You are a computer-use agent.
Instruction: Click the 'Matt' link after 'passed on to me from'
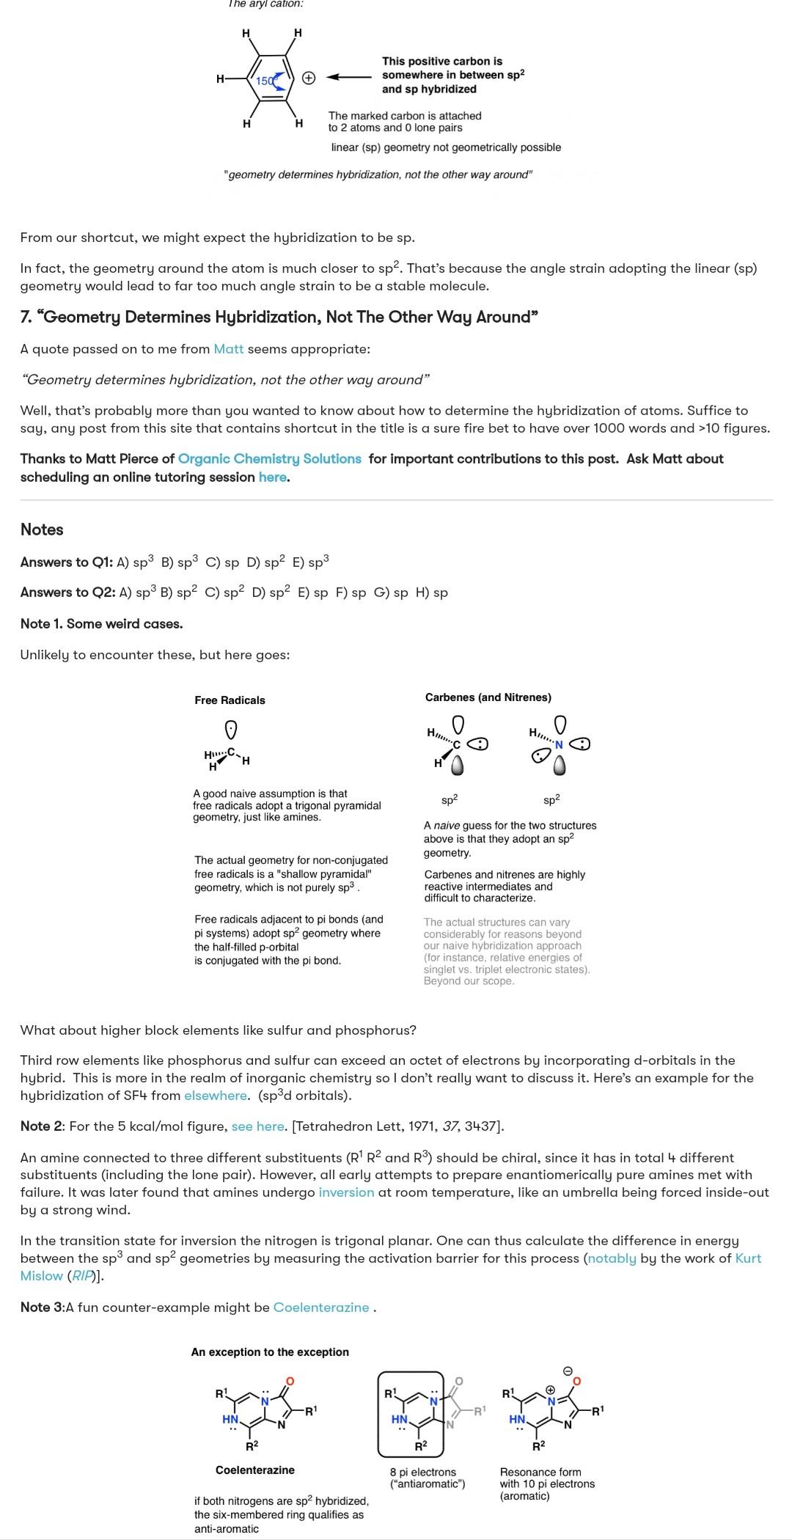228,349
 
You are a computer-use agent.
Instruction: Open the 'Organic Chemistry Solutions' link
269,459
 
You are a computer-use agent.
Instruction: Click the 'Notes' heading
42,529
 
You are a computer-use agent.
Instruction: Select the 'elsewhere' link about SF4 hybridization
216,1096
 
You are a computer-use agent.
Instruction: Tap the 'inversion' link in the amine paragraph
346,1192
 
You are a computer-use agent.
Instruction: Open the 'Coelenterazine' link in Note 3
321,1308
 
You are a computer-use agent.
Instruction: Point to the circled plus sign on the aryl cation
309,78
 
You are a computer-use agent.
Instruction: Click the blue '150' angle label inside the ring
265,81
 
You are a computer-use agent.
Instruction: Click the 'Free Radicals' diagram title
230,700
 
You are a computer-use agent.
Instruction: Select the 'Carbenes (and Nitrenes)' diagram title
488,697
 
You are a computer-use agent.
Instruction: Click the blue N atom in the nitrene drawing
559,745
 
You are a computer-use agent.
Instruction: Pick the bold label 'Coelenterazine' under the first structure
254,1470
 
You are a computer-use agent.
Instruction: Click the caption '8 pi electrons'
422,1472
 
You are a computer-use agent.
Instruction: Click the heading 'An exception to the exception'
270,1352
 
